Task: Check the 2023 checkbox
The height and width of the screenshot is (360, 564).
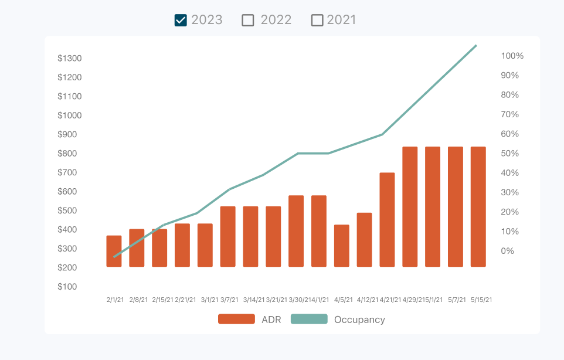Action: click(181, 21)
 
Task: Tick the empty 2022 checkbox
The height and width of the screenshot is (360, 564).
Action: click(248, 21)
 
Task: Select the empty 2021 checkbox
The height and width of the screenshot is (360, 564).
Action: click(317, 21)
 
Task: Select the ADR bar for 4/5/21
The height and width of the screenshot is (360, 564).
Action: click(342, 246)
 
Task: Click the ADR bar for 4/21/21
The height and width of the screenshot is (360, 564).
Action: click(387, 219)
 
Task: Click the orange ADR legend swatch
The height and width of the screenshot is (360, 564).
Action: click(236, 319)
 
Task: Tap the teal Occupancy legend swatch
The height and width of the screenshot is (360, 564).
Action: click(309, 319)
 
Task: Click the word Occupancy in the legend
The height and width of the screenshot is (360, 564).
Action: click(359, 320)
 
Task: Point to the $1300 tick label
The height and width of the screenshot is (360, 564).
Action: click(69, 58)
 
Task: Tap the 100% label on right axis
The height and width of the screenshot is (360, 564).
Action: click(512, 56)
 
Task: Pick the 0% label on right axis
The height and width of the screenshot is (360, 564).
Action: click(508, 251)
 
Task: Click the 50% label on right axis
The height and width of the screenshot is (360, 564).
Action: click(510, 154)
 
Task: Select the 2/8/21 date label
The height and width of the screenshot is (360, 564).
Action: click(138, 300)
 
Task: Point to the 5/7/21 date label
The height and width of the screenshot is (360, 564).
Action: click(457, 300)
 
